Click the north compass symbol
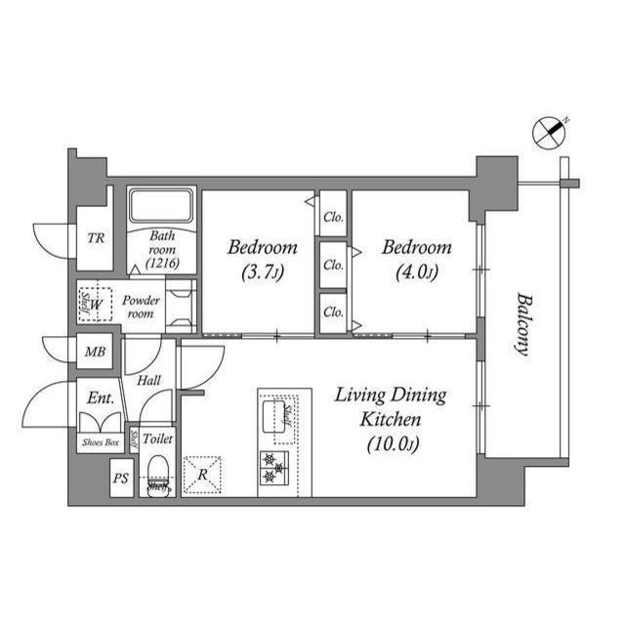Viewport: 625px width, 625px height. (x=549, y=131)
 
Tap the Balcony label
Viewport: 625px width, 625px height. (x=523, y=324)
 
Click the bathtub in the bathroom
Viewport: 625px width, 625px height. (x=162, y=206)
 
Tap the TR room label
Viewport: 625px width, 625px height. (x=96, y=237)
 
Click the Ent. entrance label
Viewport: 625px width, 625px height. (x=101, y=398)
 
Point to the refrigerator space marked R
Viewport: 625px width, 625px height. (x=202, y=474)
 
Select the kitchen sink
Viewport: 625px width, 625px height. (x=274, y=417)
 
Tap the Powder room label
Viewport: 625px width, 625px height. (x=142, y=307)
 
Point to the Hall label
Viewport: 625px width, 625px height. (x=148, y=381)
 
